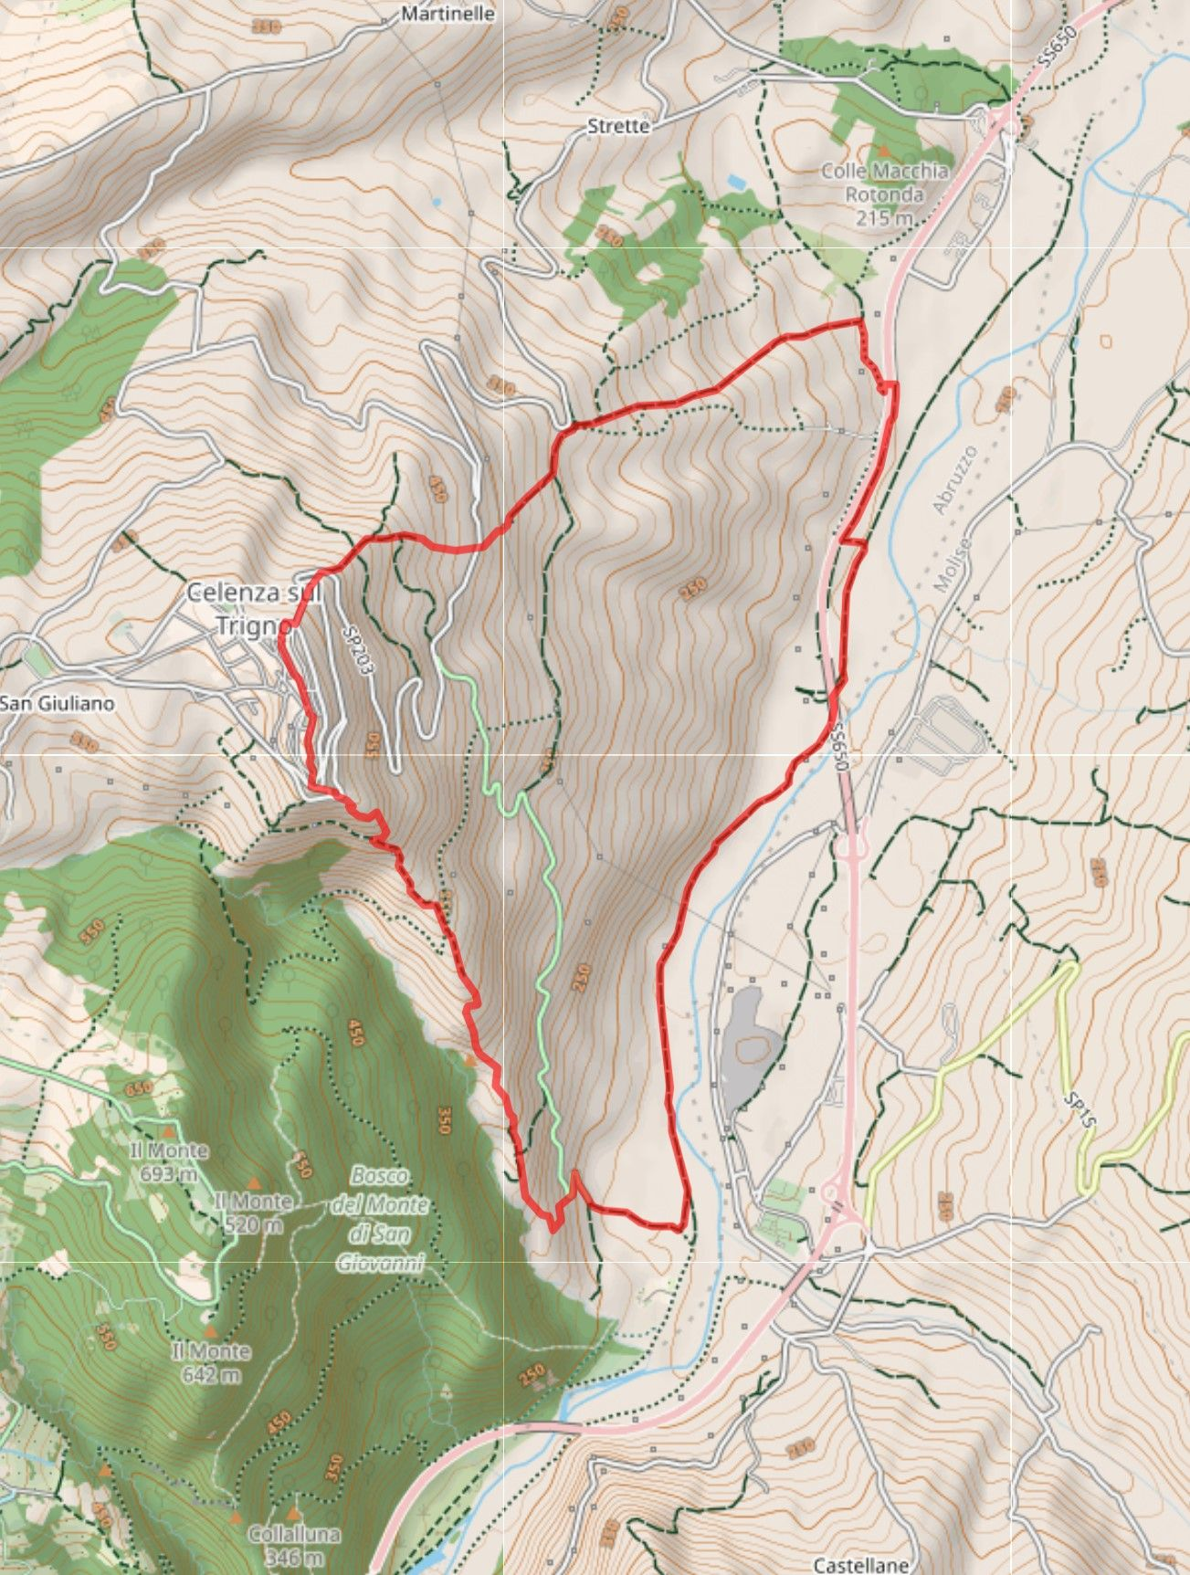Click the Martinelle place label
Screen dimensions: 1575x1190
click(x=448, y=14)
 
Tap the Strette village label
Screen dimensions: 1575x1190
click(x=618, y=126)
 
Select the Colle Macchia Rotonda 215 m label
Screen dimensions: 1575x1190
click(x=884, y=194)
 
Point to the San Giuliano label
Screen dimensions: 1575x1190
click(x=58, y=703)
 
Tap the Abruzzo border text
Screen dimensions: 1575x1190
click(x=955, y=479)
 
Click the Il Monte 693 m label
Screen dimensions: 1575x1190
click(x=168, y=1161)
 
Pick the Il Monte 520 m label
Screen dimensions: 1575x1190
click(x=252, y=1213)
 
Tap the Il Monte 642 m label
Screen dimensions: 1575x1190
click(x=211, y=1361)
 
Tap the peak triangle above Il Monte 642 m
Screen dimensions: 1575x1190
click(x=209, y=1332)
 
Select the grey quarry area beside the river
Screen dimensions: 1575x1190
click(x=751, y=1045)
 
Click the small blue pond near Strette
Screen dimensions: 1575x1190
click(x=736, y=182)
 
